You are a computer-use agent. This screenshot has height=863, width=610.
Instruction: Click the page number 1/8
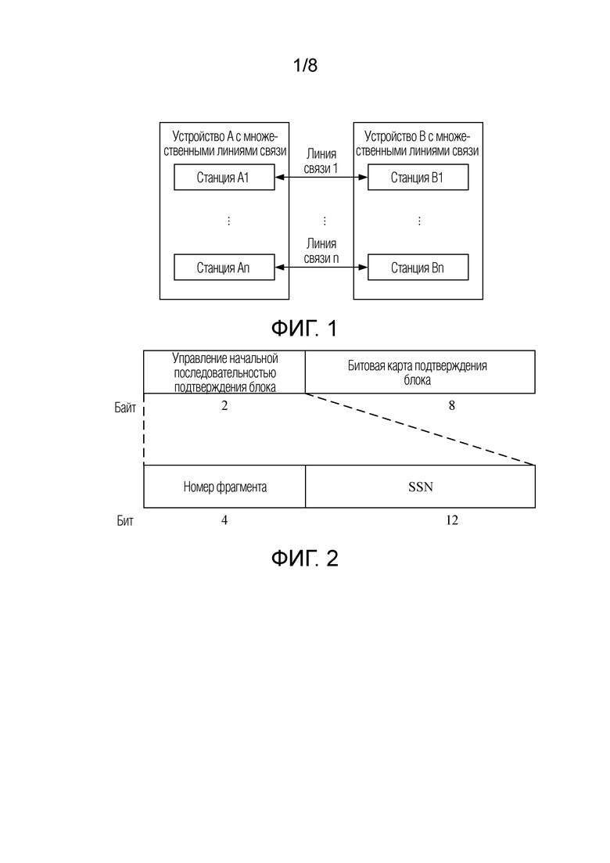pos(305,66)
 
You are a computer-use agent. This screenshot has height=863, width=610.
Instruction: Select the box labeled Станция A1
pos(224,178)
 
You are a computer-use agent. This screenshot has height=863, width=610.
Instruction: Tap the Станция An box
pos(224,268)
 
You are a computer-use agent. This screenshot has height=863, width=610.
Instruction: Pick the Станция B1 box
pos(418,178)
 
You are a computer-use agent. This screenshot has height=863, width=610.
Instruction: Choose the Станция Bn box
pos(418,268)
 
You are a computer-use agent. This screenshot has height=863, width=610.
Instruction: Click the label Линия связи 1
pos(321,160)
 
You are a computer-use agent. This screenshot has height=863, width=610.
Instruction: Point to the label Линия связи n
pos(321,250)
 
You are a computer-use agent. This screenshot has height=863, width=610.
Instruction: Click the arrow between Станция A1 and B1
pos(321,178)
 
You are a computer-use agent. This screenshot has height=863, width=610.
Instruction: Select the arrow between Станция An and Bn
pos(321,268)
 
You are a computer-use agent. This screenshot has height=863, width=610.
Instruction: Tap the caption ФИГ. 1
pos(304,329)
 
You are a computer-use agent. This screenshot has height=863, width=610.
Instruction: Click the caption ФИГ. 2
pos(304,559)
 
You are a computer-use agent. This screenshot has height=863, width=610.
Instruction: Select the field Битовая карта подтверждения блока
pos(420,372)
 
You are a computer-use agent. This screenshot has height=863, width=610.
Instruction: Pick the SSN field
pos(420,487)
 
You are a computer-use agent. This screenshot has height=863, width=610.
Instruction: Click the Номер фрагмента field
pos(224,487)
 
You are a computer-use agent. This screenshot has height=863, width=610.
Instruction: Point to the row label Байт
pos(125,408)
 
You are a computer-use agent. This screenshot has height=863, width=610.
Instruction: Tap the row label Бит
pos(125,520)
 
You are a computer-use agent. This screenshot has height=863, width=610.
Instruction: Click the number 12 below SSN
pos(451,520)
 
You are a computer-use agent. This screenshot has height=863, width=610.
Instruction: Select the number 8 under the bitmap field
pos(451,405)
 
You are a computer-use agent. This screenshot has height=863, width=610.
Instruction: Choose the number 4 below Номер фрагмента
pos(224,520)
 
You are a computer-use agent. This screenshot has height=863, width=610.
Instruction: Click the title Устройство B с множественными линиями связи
pos(418,144)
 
